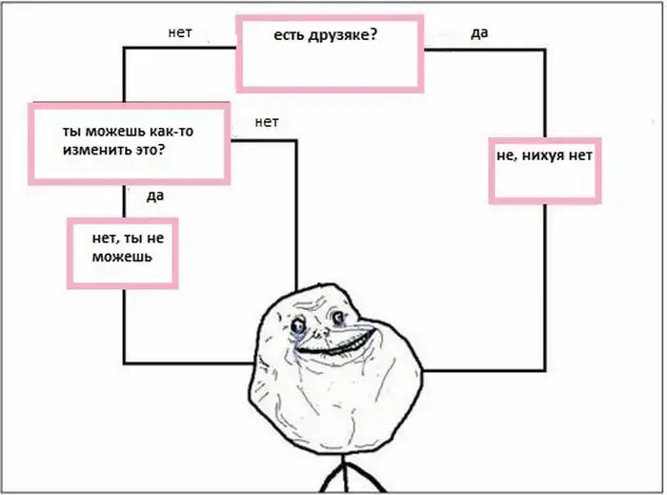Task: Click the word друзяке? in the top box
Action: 342,35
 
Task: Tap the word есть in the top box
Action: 289,35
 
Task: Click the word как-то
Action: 171,131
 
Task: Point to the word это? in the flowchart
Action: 147,151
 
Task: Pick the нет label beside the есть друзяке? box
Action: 180,32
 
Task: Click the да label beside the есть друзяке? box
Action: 479,32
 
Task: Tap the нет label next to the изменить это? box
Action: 267,122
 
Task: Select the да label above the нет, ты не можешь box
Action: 155,196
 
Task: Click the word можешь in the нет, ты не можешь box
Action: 122,257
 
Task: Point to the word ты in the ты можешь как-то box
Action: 72,132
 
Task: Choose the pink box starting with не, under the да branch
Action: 544,171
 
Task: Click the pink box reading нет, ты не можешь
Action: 123,254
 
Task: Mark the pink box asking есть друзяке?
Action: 330,53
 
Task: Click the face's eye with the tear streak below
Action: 297,326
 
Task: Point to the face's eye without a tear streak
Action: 339,317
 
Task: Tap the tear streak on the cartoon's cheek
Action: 293,341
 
